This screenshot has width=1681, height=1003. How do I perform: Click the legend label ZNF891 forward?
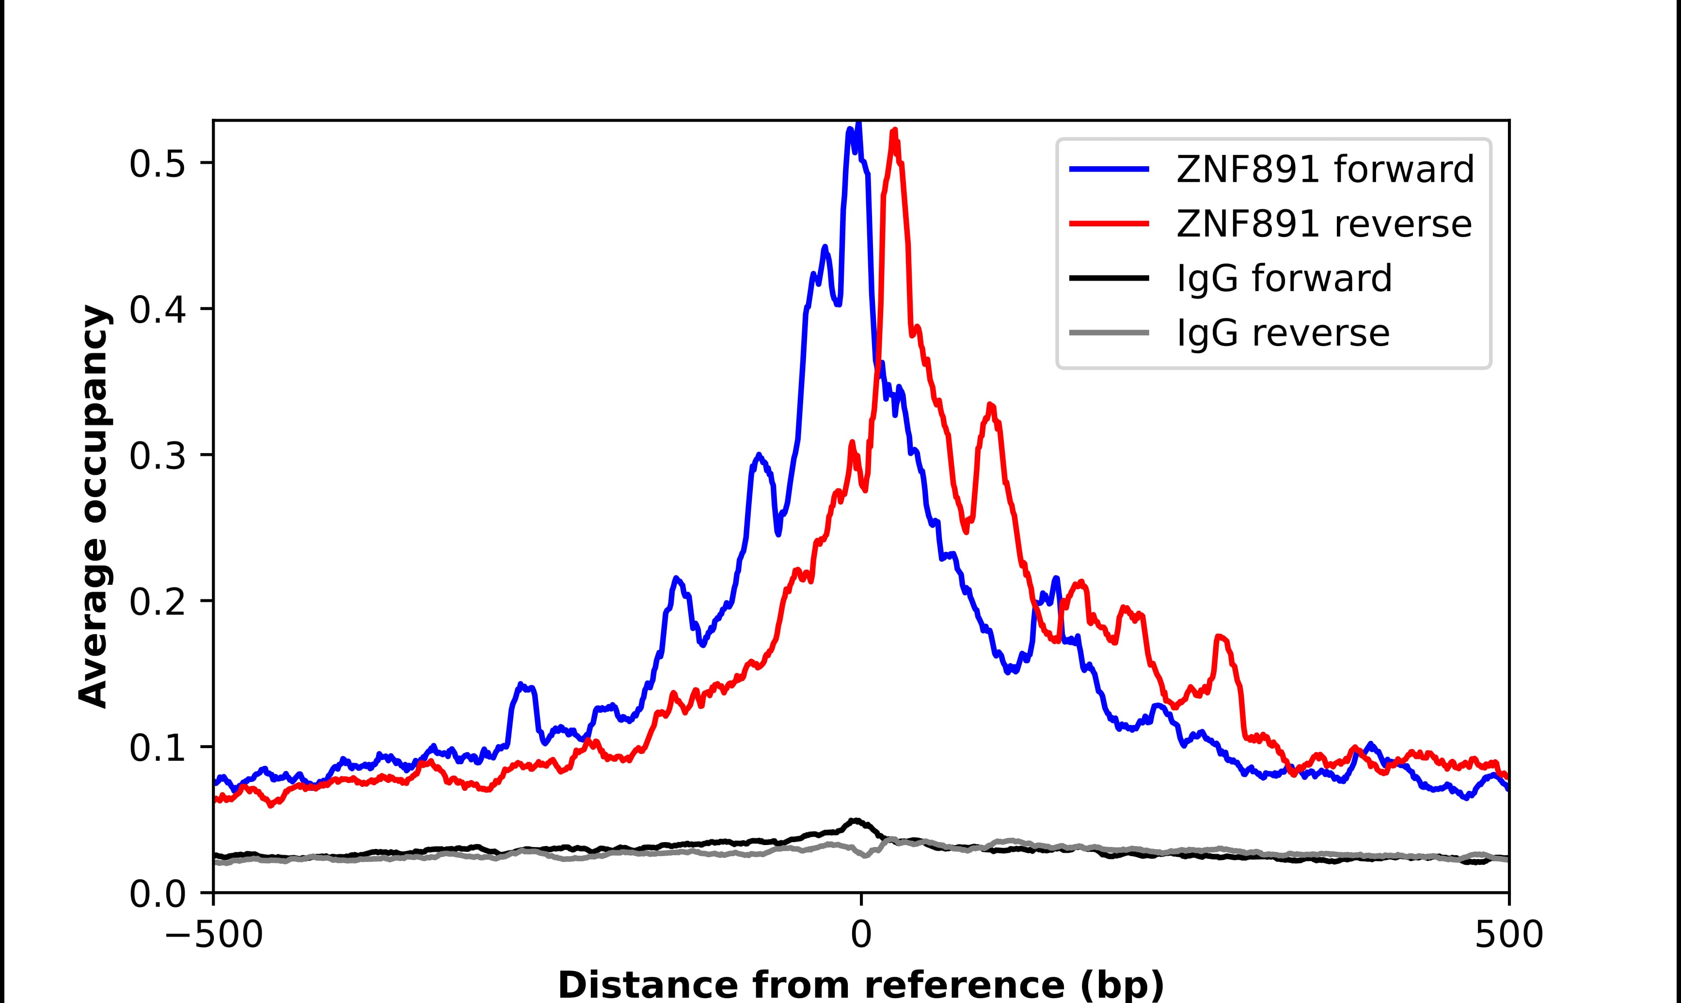tap(1325, 169)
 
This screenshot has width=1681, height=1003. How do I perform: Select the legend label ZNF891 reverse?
tap(1323, 224)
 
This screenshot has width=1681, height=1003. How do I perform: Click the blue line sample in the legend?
tap(1109, 169)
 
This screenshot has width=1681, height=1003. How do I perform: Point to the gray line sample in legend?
tap(1109, 332)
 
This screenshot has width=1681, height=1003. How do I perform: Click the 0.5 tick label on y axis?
tap(157, 164)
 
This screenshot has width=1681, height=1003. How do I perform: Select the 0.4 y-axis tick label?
tap(157, 310)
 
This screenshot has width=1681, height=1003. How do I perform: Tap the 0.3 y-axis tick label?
tap(157, 455)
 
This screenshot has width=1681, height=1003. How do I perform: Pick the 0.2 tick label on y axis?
tap(157, 601)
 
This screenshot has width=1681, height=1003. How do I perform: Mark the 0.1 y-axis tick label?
tap(157, 748)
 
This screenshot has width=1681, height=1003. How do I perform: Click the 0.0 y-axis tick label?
tap(157, 893)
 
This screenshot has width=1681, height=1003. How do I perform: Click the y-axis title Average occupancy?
tap(93, 507)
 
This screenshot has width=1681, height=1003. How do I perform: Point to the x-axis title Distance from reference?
tap(860, 984)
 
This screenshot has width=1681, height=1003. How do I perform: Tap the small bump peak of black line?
tap(856, 820)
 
